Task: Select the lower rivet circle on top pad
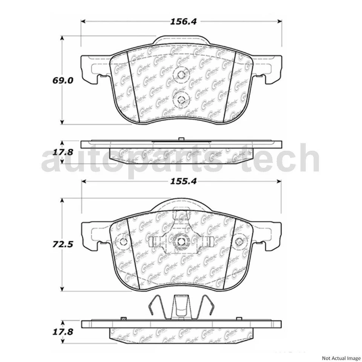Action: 180,99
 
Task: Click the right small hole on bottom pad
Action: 239,242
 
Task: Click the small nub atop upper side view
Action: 180,139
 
